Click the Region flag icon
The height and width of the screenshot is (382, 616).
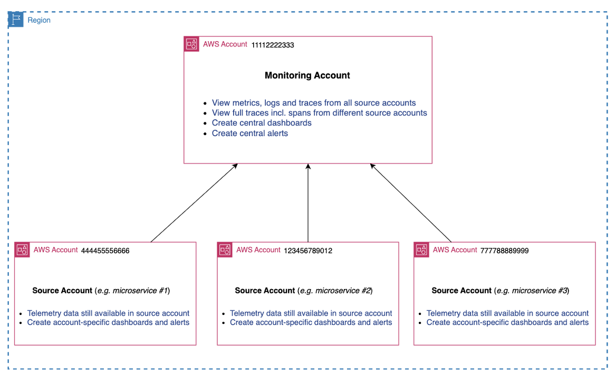(16, 20)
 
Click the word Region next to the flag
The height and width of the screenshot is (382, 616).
(39, 20)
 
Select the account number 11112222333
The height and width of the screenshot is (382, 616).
(273, 45)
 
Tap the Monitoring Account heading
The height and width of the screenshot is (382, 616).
(307, 75)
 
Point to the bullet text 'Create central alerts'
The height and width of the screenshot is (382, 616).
(250, 133)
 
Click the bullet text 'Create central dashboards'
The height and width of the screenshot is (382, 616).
(262, 123)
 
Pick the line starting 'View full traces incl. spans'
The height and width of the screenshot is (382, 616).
(319, 113)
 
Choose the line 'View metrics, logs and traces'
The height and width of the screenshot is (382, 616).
(314, 103)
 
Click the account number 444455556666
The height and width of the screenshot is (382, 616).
(105, 251)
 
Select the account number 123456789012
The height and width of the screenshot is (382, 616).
(308, 251)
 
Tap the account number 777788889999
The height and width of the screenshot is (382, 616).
(504, 251)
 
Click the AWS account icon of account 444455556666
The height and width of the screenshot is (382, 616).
(22, 250)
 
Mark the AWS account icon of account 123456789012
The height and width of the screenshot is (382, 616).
(225, 250)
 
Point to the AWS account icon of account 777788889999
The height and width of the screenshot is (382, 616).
(421, 250)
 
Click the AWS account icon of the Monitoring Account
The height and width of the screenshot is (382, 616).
(191, 44)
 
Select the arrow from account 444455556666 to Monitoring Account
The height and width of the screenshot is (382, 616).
(194, 203)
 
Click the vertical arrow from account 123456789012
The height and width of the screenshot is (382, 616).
(308, 203)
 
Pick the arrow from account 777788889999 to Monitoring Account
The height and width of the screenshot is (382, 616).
(411, 203)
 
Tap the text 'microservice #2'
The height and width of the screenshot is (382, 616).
(344, 291)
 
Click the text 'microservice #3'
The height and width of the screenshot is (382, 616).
(541, 291)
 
